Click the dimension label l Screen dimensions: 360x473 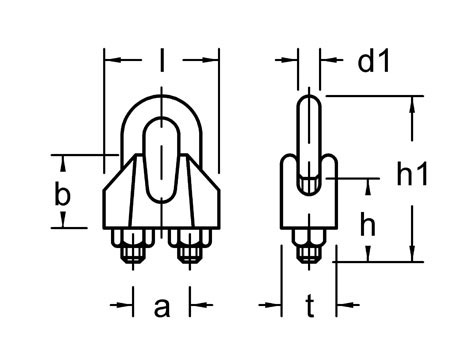pos(162,63)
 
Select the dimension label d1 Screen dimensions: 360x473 pos(372,62)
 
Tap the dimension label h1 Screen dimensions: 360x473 pos(412,175)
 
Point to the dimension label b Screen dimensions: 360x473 pos(62,196)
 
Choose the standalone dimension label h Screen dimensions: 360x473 pos(367,226)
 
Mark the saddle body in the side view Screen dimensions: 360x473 pos(309,205)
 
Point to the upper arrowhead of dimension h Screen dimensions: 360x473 pos(368,186)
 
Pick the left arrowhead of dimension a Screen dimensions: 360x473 pos(129,303)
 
